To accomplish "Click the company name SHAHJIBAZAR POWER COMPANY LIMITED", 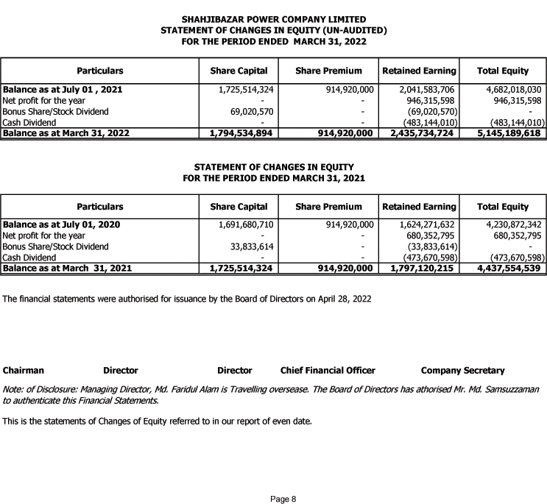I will pos(273,18).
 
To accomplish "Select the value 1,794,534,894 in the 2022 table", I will pos(241,134).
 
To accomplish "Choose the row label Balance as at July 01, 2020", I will pos(62,224).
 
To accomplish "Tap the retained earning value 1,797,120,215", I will pos(420,269).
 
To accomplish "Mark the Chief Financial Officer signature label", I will pos(328,370).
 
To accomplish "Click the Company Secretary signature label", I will pos(462,370).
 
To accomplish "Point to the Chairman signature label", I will pos(24,370).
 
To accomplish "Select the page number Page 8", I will pos(283,499).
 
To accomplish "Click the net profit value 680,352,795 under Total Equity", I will pos(514,235).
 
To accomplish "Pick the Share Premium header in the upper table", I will pos(328,71).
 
